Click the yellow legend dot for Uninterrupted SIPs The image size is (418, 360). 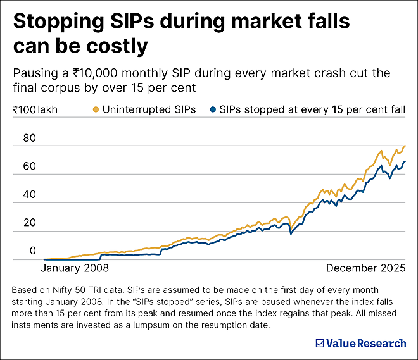click(x=96, y=109)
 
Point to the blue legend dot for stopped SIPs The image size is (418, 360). click(x=212, y=109)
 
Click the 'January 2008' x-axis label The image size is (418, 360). click(x=75, y=268)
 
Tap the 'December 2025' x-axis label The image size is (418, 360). click(x=366, y=268)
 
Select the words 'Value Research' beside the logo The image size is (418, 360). click(x=366, y=344)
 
